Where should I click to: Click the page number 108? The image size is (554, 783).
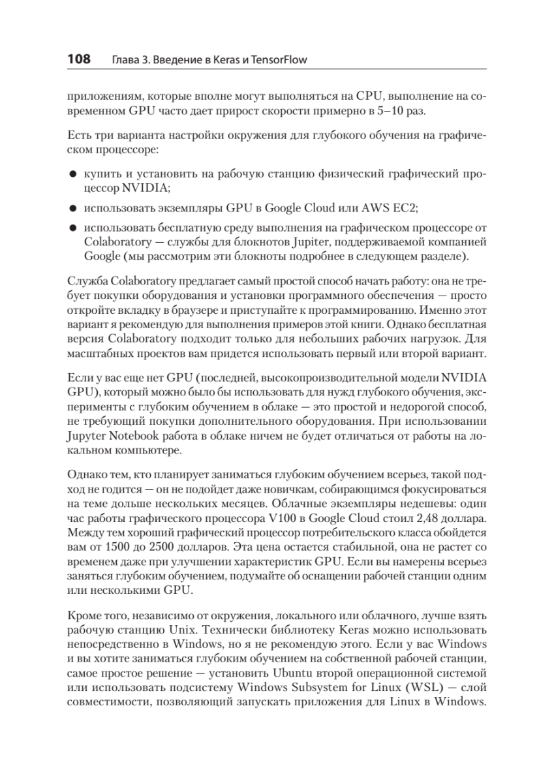79,60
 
